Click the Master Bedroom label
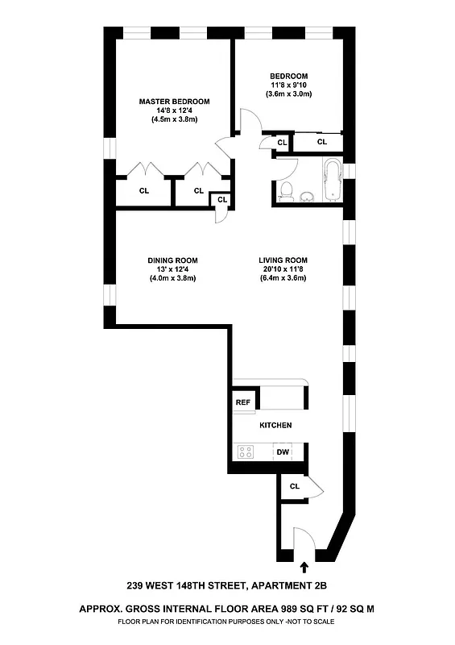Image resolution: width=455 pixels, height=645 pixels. point(174,102)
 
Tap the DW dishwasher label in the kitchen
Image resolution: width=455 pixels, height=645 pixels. point(283,452)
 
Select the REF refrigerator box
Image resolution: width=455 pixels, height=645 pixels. point(242,402)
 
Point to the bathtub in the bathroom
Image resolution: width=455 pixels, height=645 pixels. point(332,180)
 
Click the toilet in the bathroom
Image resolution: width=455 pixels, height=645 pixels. point(285,191)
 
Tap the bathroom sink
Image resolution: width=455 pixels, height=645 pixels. point(306,196)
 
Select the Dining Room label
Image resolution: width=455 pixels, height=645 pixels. point(172,260)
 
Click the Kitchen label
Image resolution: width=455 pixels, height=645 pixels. point(275,425)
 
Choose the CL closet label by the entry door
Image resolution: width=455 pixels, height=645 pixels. point(294,486)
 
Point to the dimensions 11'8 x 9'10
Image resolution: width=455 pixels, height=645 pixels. point(288,85)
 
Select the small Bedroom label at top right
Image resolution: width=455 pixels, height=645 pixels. point(288,77)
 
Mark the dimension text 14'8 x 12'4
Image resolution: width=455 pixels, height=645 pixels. point(174,110)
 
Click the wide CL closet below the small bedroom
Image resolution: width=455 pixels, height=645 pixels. point(322,142)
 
